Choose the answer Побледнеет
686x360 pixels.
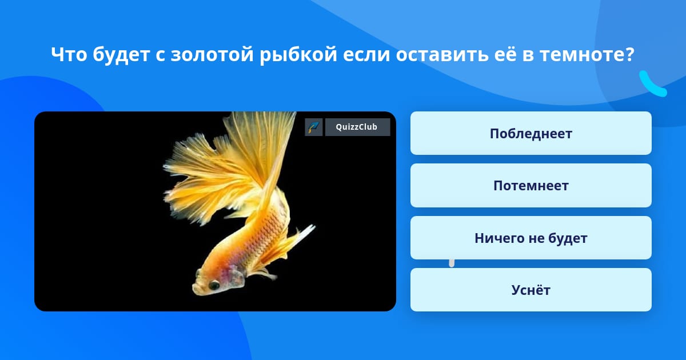click(531, 133)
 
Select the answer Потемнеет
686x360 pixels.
click(531, 186)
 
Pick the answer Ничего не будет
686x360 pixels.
click(531, 238)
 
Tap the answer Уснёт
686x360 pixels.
click(531, 290)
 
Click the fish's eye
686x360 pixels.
click(214, 285)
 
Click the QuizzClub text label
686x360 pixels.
click(357, 127)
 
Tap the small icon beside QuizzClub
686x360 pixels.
click(314, 127)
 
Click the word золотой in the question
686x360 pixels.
click(212, 54)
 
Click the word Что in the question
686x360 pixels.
click(69, 54)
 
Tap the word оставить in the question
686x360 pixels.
click(442, 54)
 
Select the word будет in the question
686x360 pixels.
click(121, 54)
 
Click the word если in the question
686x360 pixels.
click(366, 54)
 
